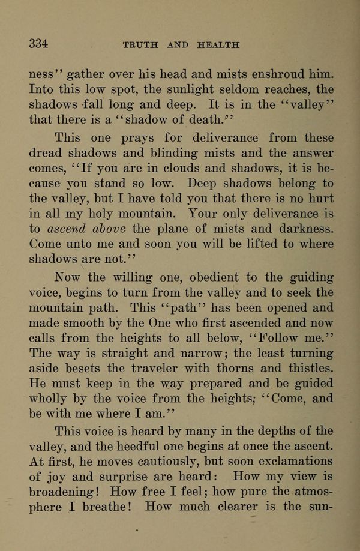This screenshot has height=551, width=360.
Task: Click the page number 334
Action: [38, 44]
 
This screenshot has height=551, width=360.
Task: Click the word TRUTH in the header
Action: [140, 46]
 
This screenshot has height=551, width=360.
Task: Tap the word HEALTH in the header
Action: [217, 46]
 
